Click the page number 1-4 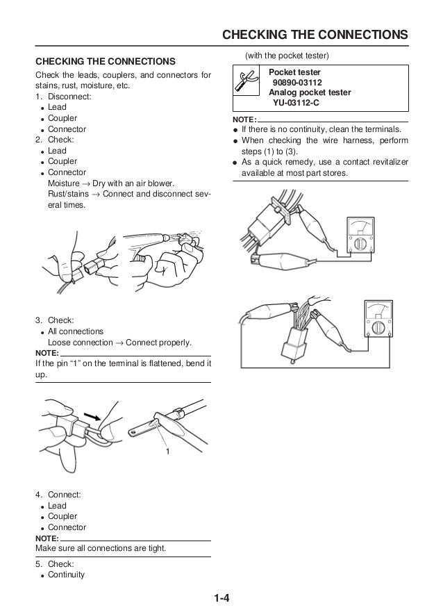221,596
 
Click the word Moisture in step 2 62,183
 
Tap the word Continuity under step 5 66,575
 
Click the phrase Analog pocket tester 310,92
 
